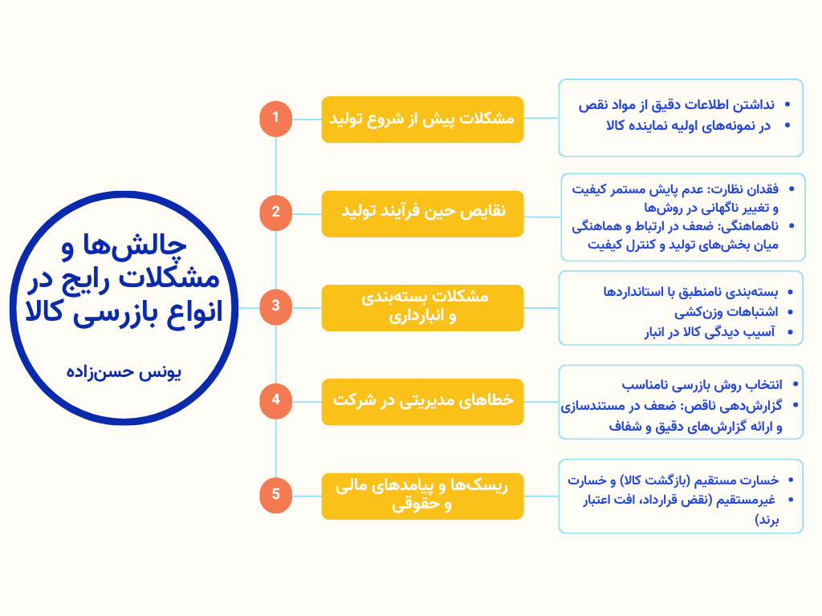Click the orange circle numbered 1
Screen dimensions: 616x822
(x=275, y=119)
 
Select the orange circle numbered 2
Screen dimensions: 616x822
(x=275, y=213)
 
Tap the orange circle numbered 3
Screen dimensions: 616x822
(x=275, y=306)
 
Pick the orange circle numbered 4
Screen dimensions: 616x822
(x=275, y=400)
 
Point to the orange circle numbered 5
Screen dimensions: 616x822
(x=275, y=495)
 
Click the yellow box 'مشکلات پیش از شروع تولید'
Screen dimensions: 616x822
(x=422, y=120)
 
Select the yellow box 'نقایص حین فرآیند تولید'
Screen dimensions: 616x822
(x=422, y=213)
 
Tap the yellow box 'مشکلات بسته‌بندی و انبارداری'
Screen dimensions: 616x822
(x=422, y=306)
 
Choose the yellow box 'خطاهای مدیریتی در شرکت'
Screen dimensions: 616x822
(x=422, y=400)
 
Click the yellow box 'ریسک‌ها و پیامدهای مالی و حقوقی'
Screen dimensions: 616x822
(x=422, y=495)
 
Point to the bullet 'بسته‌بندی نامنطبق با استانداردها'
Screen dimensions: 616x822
(x=690, y=291)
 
